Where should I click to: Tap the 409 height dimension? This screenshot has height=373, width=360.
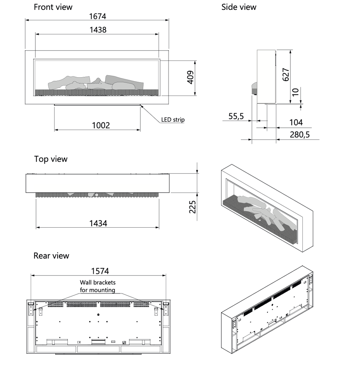190,77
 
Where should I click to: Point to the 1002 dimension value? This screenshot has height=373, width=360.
101,125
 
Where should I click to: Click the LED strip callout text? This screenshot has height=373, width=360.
173,119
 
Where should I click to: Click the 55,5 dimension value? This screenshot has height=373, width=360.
236,116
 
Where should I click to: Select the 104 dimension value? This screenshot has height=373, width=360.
296,123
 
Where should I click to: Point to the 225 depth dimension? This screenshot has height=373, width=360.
193,207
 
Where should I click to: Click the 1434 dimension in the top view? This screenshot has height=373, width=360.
98,223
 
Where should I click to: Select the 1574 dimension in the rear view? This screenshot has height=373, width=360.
100,271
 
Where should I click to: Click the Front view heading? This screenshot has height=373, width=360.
53,7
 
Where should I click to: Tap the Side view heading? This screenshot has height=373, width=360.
239,7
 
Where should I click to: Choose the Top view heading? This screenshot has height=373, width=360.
51,159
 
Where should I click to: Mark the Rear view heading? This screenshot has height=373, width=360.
51,256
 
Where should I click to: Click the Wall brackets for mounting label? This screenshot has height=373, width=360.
98,286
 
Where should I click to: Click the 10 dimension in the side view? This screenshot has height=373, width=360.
295,92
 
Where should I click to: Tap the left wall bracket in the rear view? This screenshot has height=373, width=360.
31,308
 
